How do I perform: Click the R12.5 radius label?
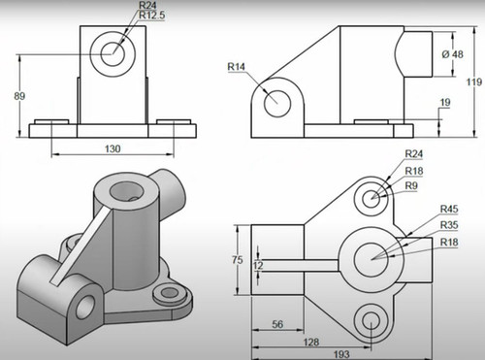[x=151, y=16]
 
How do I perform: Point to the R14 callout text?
[x=237, y=66]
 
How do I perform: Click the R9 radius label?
[x=411, y=184]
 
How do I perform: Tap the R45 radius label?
[x=449, y=208]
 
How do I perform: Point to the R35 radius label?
[x=449, y=224]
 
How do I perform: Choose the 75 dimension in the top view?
[x=237, y=259]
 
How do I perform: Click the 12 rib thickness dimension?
[x=257, y=264]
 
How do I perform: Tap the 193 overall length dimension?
[x=342, y=354]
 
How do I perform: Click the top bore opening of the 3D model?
[x=126, y=187]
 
